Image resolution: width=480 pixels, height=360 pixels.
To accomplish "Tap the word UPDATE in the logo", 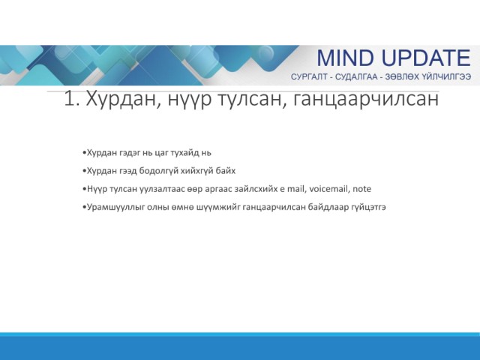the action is (426, 58).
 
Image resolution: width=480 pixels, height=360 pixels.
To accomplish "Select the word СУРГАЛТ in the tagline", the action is (309, 76).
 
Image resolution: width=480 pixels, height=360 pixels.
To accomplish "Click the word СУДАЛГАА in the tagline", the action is (356, 76).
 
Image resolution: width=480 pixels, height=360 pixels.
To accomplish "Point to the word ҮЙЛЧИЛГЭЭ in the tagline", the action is (446, 76).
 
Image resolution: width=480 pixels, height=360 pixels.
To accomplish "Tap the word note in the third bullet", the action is (361, 189).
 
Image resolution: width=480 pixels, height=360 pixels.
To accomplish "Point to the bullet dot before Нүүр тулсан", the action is (84, 189).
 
